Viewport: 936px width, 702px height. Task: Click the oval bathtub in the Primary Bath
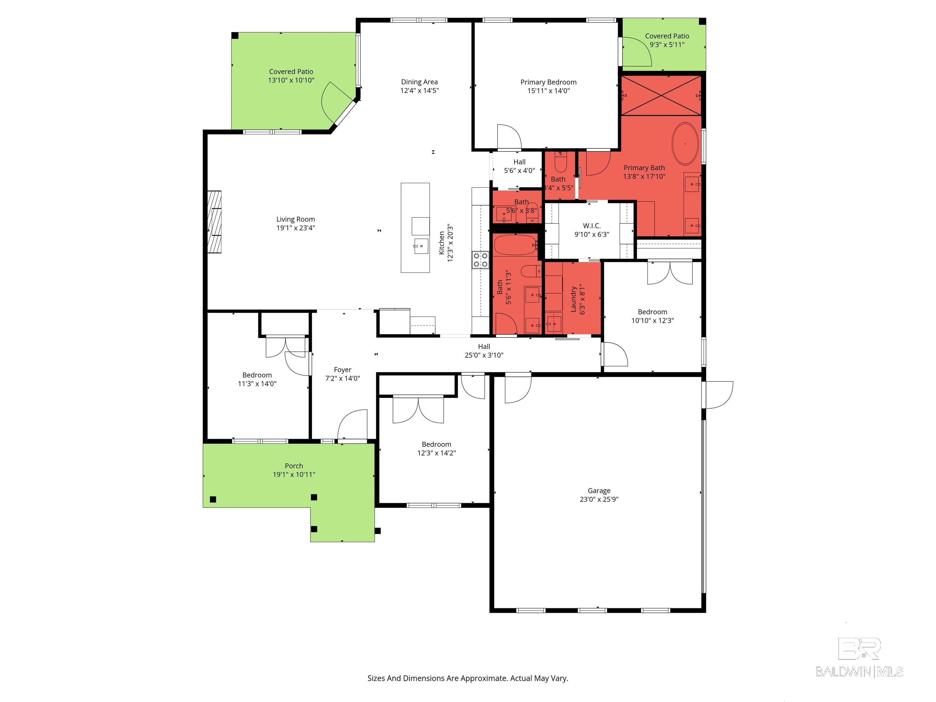(x=685, y=144)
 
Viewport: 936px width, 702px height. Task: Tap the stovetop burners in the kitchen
(x=480, y=260)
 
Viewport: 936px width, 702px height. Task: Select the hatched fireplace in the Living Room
(x=214, y=222)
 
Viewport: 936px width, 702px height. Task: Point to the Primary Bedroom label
(x=548, y=82)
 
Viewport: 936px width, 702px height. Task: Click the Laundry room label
(x=574, y=299)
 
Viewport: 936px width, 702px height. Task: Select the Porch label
(x=294, y=466)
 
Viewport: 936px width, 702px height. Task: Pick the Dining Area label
(x=419, y=82)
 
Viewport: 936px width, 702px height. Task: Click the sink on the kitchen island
(x=421, y=246)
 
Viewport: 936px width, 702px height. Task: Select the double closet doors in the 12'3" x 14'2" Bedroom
(x=418, y=409)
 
